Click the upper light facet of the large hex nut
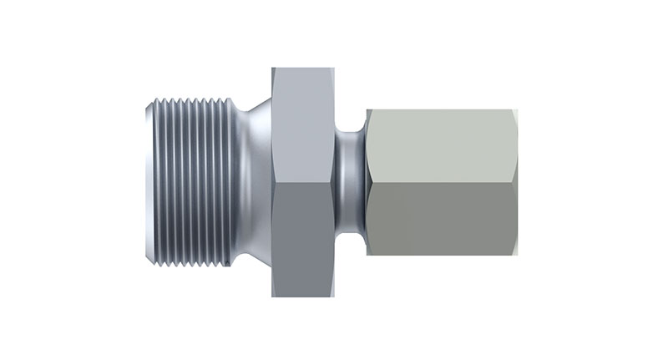point(302,125)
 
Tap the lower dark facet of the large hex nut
point(302,242)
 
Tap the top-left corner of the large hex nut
point(273,68)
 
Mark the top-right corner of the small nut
point(516,109)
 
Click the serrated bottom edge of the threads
point(196,266)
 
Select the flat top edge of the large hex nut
point(302,68)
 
